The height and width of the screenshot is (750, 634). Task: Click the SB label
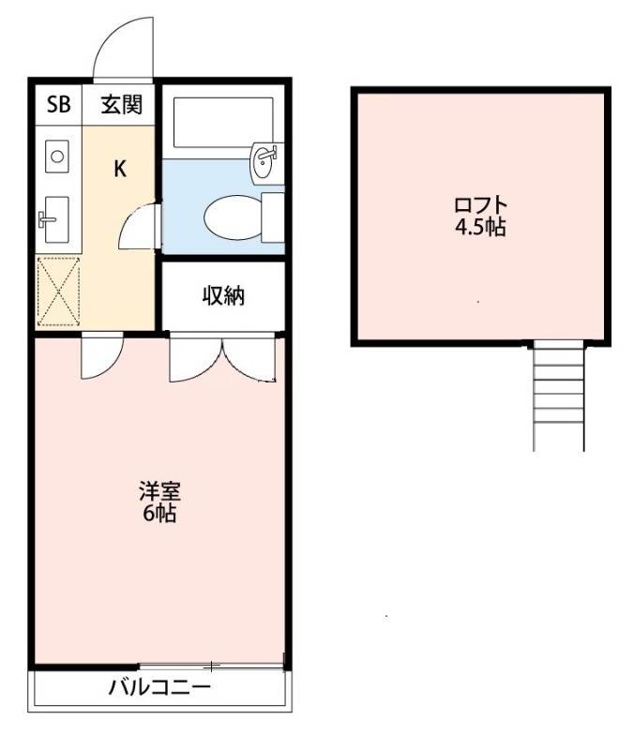[x=58, y=104]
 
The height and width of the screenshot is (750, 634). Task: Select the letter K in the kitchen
[x=120, y=169]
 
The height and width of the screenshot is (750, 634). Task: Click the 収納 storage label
[x=223, y=296]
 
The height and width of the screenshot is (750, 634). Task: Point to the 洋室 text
[x=159, y=491]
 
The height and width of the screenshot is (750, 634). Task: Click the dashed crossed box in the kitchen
[x=57, y=291]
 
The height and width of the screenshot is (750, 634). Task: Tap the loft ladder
[x=558, y=394]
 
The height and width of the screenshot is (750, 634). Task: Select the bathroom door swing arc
[x=141, y=227]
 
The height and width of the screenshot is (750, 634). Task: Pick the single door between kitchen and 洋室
[x=100, y=355]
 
